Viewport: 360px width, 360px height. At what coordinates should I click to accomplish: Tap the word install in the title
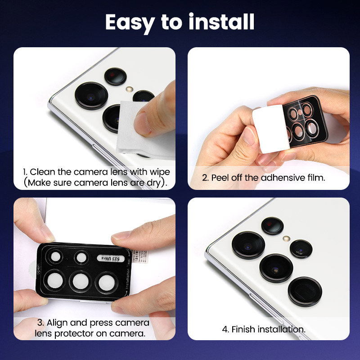[x=220, y=22]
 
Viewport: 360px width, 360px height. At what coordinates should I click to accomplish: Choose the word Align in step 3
[x=58, y=323]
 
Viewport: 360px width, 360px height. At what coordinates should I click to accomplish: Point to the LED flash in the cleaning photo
[x=130, y=89]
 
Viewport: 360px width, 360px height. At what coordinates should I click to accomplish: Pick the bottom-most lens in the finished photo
[x=305, y=292]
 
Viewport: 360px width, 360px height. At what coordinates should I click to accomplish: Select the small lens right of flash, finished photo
[x=301, y=248]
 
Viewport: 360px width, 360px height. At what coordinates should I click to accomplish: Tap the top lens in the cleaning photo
[x=115, y=76]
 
